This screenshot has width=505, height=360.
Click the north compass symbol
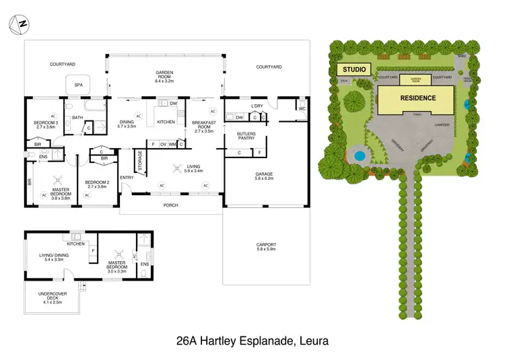click(x=19, y=25)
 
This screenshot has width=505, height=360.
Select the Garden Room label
click(x=165, y=77)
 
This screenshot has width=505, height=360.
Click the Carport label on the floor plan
click(x=266, y=246)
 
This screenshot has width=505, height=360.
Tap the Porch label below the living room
click(x=171, y=205)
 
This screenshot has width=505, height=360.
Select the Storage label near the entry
click(x=139, y=161)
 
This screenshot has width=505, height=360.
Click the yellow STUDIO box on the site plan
click(x=353, y=69)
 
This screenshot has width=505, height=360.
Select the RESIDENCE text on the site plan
click(x=418, y=98)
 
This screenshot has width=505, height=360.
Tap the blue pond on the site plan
click(x=359, y=155)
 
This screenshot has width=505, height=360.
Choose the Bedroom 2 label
click(x=97, y=184)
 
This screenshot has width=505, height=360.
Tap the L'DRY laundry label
click(x=257, y=106)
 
